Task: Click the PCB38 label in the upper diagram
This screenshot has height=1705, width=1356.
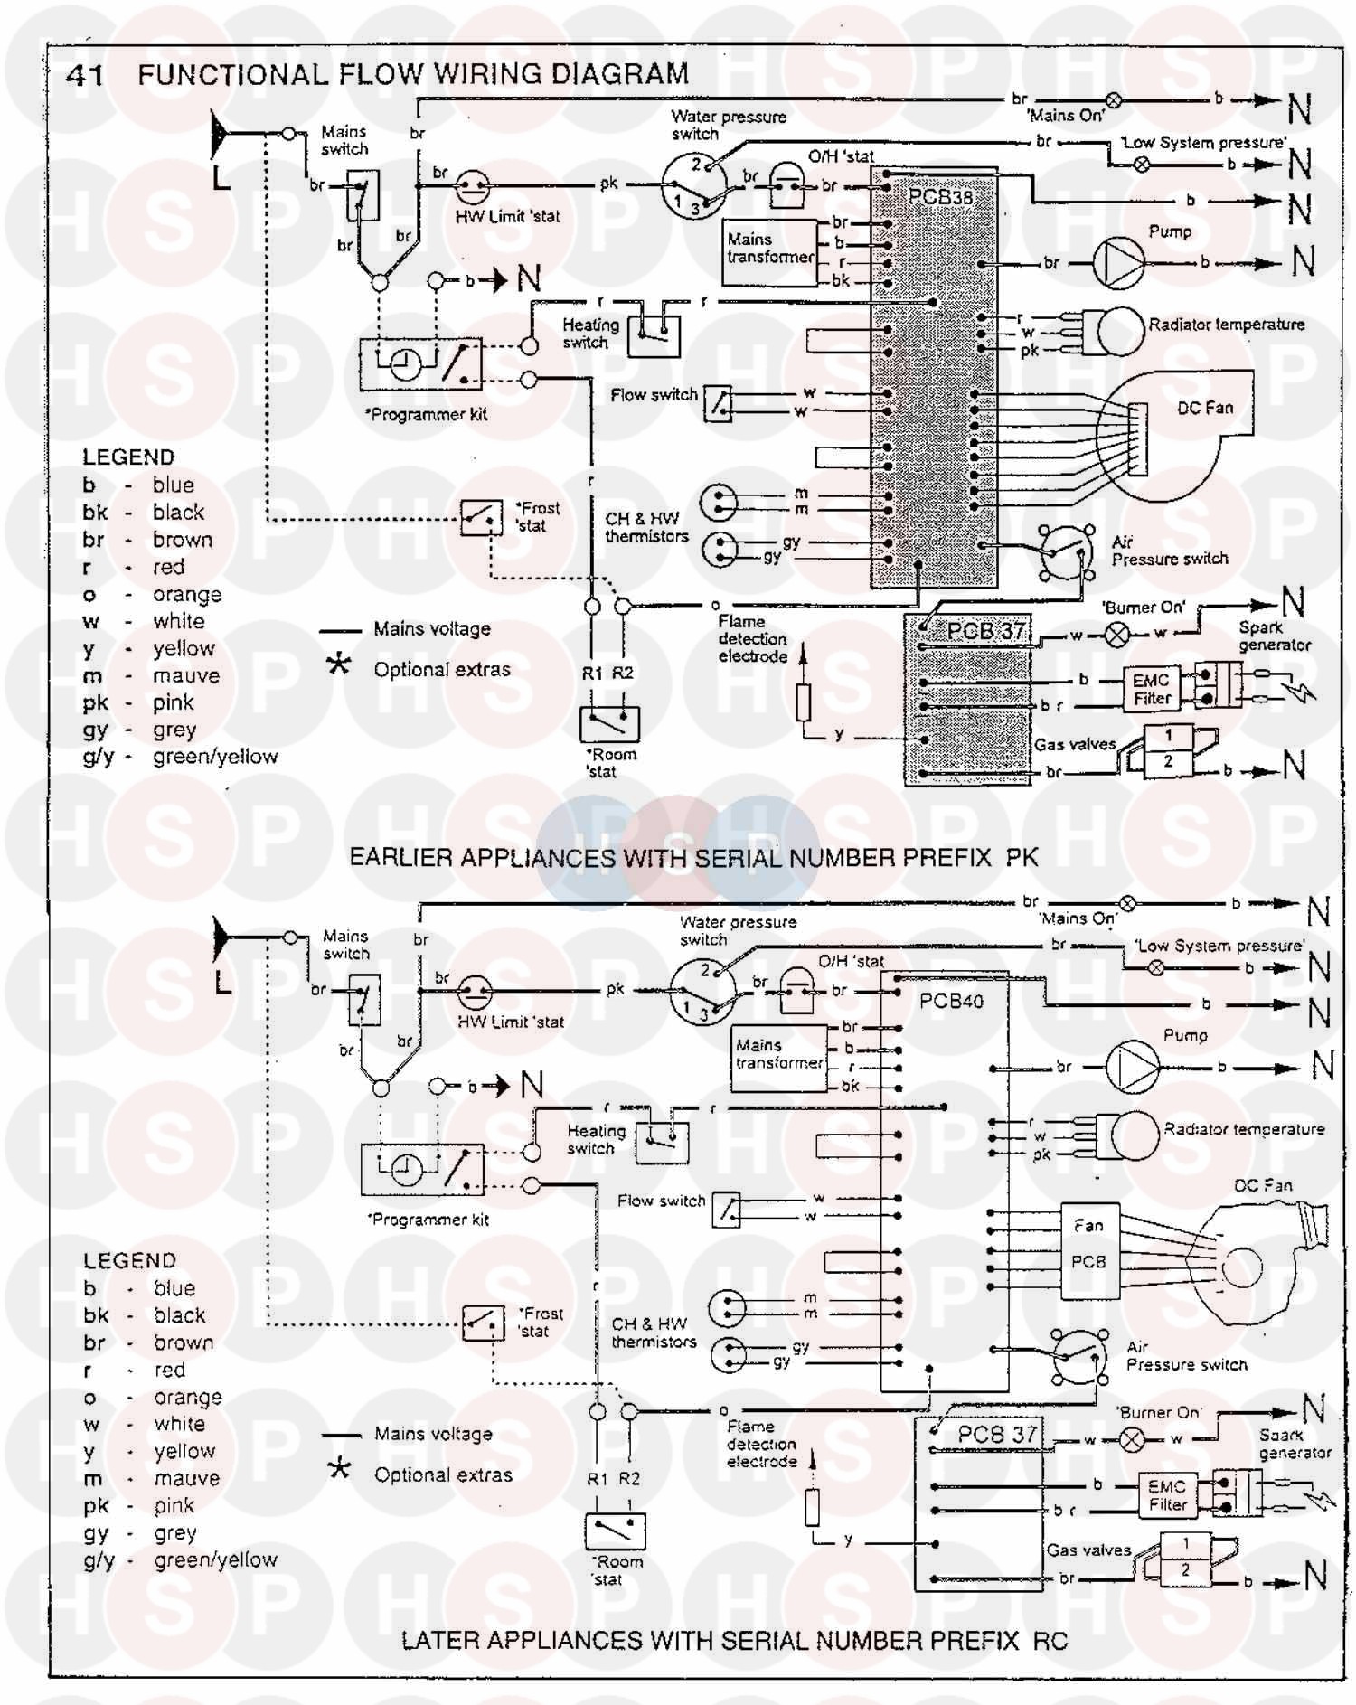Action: coord(940,196)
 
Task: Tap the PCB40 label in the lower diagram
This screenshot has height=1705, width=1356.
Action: coord(951,1001)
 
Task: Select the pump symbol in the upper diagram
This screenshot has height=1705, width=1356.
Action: coord(1119,262)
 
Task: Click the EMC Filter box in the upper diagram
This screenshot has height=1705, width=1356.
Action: coord(1152,689)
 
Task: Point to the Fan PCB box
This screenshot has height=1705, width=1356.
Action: coord(1089,1251)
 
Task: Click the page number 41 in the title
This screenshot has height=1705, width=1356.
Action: coord(85,75)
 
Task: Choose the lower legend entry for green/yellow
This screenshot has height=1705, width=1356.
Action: coord(181,1560)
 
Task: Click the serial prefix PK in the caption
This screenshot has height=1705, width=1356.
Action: coord(1022,857)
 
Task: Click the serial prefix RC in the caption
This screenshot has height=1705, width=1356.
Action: coord(1050,1641)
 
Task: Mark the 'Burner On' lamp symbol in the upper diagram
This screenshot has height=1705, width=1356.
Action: coord(1118,635)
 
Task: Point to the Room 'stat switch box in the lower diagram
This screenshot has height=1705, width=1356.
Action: coord(615,1531)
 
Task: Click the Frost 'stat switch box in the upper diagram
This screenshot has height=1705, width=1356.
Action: coord(481,518)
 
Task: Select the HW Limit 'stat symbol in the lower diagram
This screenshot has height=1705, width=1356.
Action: coord(473,993)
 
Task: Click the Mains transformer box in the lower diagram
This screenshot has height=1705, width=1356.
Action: coord(779,1056)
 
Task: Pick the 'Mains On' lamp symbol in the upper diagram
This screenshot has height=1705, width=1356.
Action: coord(1114,100)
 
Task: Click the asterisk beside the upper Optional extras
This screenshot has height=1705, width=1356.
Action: coord(339,666)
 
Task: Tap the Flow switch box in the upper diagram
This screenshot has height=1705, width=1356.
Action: coord(718,403)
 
